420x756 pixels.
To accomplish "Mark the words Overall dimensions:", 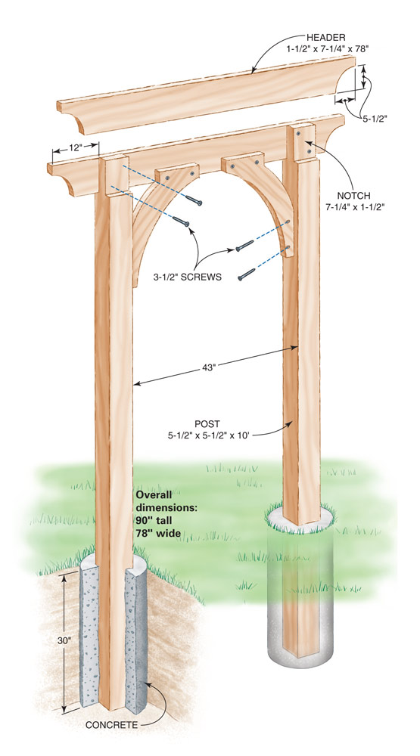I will tap(166, 502).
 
